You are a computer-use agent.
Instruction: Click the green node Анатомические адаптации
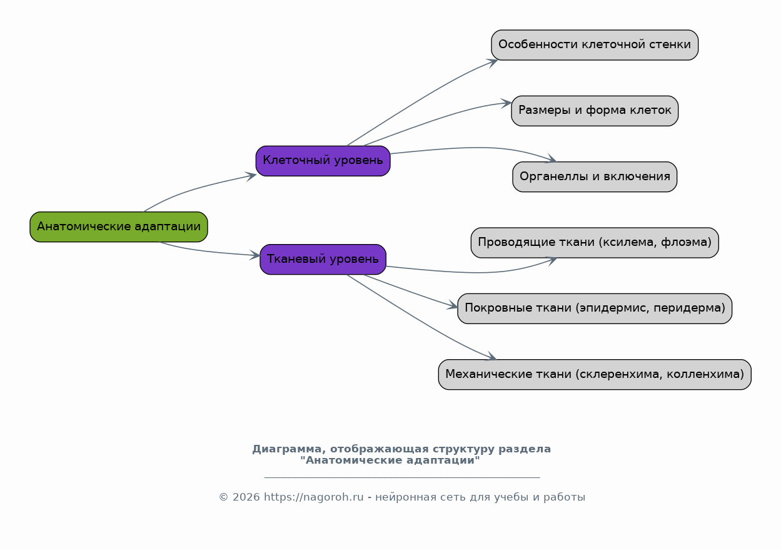(119, 227)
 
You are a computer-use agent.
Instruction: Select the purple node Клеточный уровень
(323, 161)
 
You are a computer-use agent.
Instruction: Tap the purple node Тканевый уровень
(323, 259)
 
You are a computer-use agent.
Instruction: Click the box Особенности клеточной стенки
(595, 45)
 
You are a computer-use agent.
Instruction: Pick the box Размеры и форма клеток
(595, 111)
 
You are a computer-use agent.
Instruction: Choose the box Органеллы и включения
(595, 177)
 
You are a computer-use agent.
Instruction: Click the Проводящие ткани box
(595, 243)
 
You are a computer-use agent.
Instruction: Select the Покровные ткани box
(595, 308)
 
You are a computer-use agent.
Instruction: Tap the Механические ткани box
(595, 374)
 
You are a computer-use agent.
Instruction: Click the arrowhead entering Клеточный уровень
(251, 176)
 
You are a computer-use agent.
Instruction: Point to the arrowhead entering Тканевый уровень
(255, 255)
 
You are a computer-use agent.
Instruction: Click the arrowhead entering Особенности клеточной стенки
(493, 63)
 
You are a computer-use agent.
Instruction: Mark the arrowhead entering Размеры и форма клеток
(506, 103)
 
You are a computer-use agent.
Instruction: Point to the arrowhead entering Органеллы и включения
(552, 159)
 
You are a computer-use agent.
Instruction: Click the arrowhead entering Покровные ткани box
(453, 305)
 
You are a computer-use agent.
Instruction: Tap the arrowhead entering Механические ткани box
(491, 357)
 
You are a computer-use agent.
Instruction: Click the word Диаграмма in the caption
(289, 449)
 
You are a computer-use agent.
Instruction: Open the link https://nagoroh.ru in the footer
(313, 497)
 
